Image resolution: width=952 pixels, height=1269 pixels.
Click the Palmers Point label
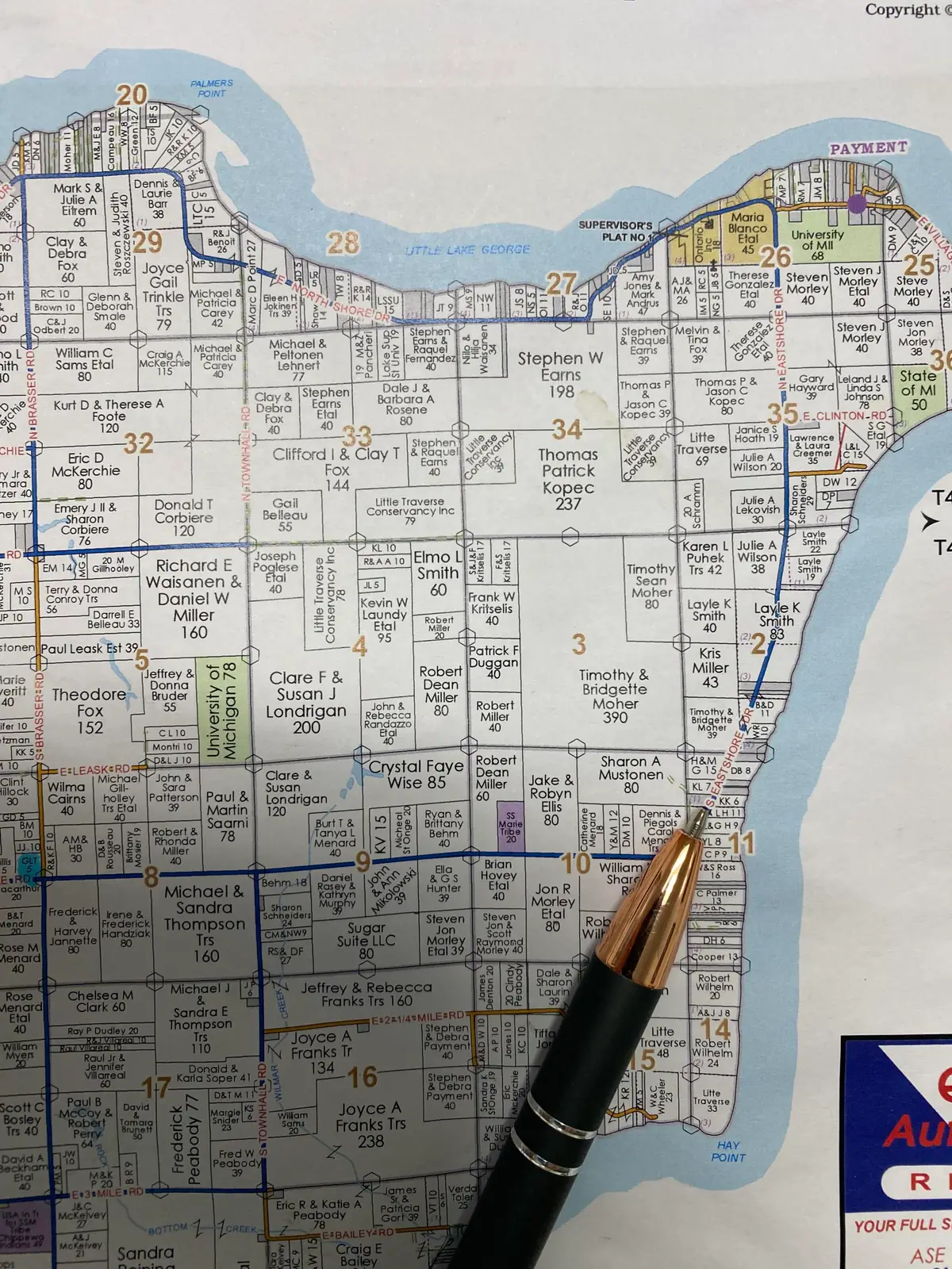211,88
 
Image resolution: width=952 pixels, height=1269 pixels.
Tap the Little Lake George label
467,250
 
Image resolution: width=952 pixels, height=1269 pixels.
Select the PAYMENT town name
868,148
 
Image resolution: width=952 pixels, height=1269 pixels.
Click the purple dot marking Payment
857,203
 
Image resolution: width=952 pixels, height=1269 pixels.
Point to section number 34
567,429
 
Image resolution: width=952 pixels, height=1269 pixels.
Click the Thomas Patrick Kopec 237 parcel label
568,478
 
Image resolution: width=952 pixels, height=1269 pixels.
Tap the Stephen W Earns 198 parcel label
560,374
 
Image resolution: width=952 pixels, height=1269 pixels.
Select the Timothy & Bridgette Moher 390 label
615,696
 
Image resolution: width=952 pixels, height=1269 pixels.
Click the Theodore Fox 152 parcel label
90,711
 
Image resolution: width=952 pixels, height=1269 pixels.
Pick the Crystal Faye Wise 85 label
416,774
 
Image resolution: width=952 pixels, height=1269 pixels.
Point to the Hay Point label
728,1151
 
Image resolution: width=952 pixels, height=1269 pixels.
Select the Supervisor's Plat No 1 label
615,231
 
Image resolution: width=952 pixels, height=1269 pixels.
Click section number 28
343,243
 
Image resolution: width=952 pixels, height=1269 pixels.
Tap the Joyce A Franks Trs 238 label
370,1125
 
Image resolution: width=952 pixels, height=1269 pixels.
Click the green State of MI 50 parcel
918,390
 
